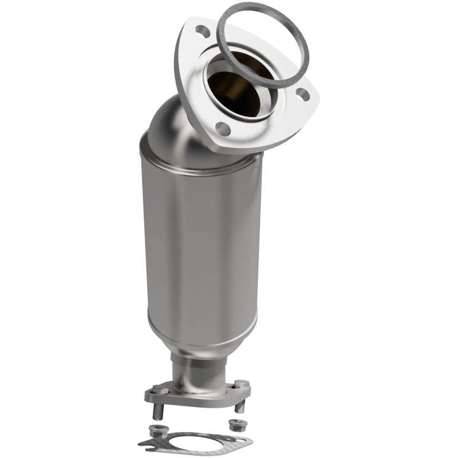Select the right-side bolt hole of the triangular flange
303,95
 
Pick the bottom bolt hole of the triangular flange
223,129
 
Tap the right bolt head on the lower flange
241,384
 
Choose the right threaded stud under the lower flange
240,406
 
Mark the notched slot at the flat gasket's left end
144,444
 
